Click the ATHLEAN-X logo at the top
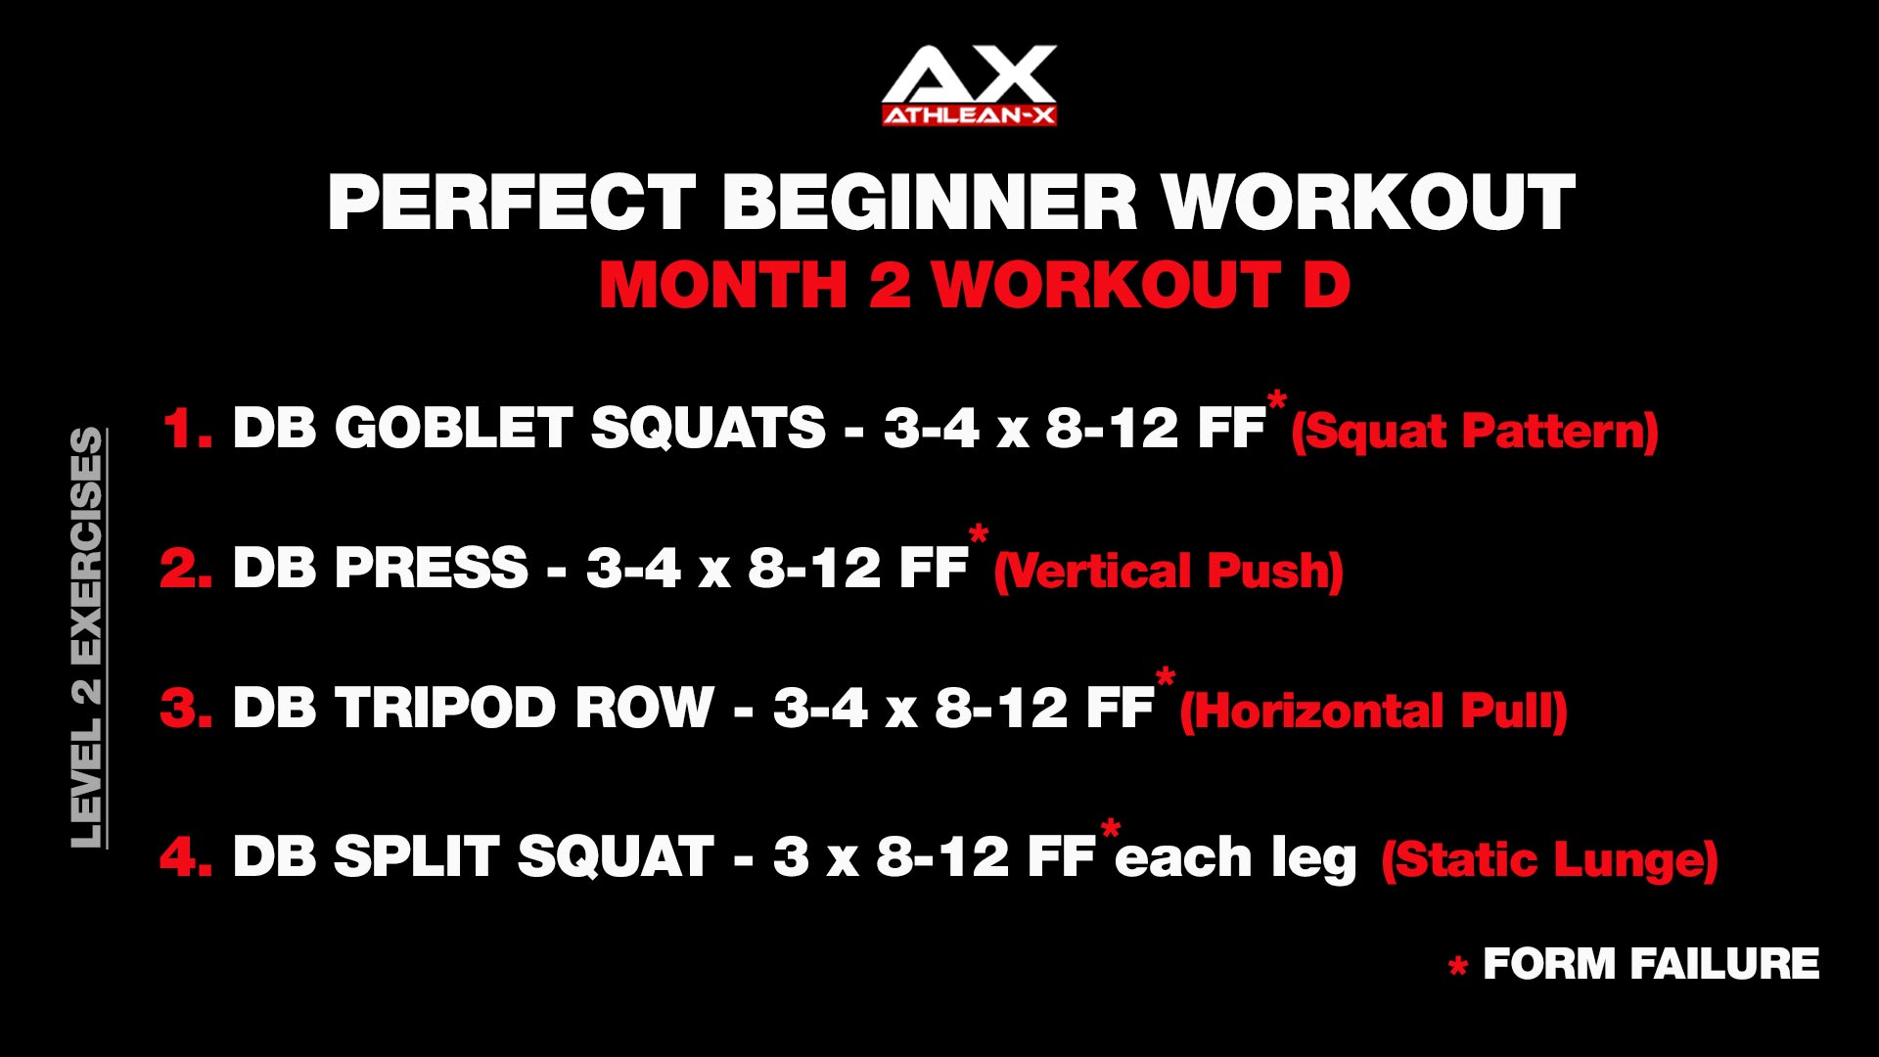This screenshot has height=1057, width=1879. [969, 85]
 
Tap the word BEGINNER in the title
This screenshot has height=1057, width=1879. [930, 203]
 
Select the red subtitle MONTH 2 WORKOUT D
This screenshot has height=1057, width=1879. [975, 285]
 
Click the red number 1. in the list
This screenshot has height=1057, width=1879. [187, 428]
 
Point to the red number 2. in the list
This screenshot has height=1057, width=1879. [186, 568]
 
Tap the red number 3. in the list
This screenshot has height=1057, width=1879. [186, 707]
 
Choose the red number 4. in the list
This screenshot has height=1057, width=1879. [186, 856]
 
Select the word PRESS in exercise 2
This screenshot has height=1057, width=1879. [432, 568]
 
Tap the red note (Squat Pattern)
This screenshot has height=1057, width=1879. [1475, 432]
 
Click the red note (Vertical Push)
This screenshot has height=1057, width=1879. [1169, 572]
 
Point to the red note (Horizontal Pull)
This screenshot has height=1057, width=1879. [1374, 712]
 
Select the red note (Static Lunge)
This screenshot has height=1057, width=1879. [1550, 860]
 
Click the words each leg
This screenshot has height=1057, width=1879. [1236, 858]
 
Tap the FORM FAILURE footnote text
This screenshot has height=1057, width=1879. [1651, 964]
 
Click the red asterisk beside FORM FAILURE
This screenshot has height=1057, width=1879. [1458, 967]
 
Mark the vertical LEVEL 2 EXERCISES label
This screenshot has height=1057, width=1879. [88, 638]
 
